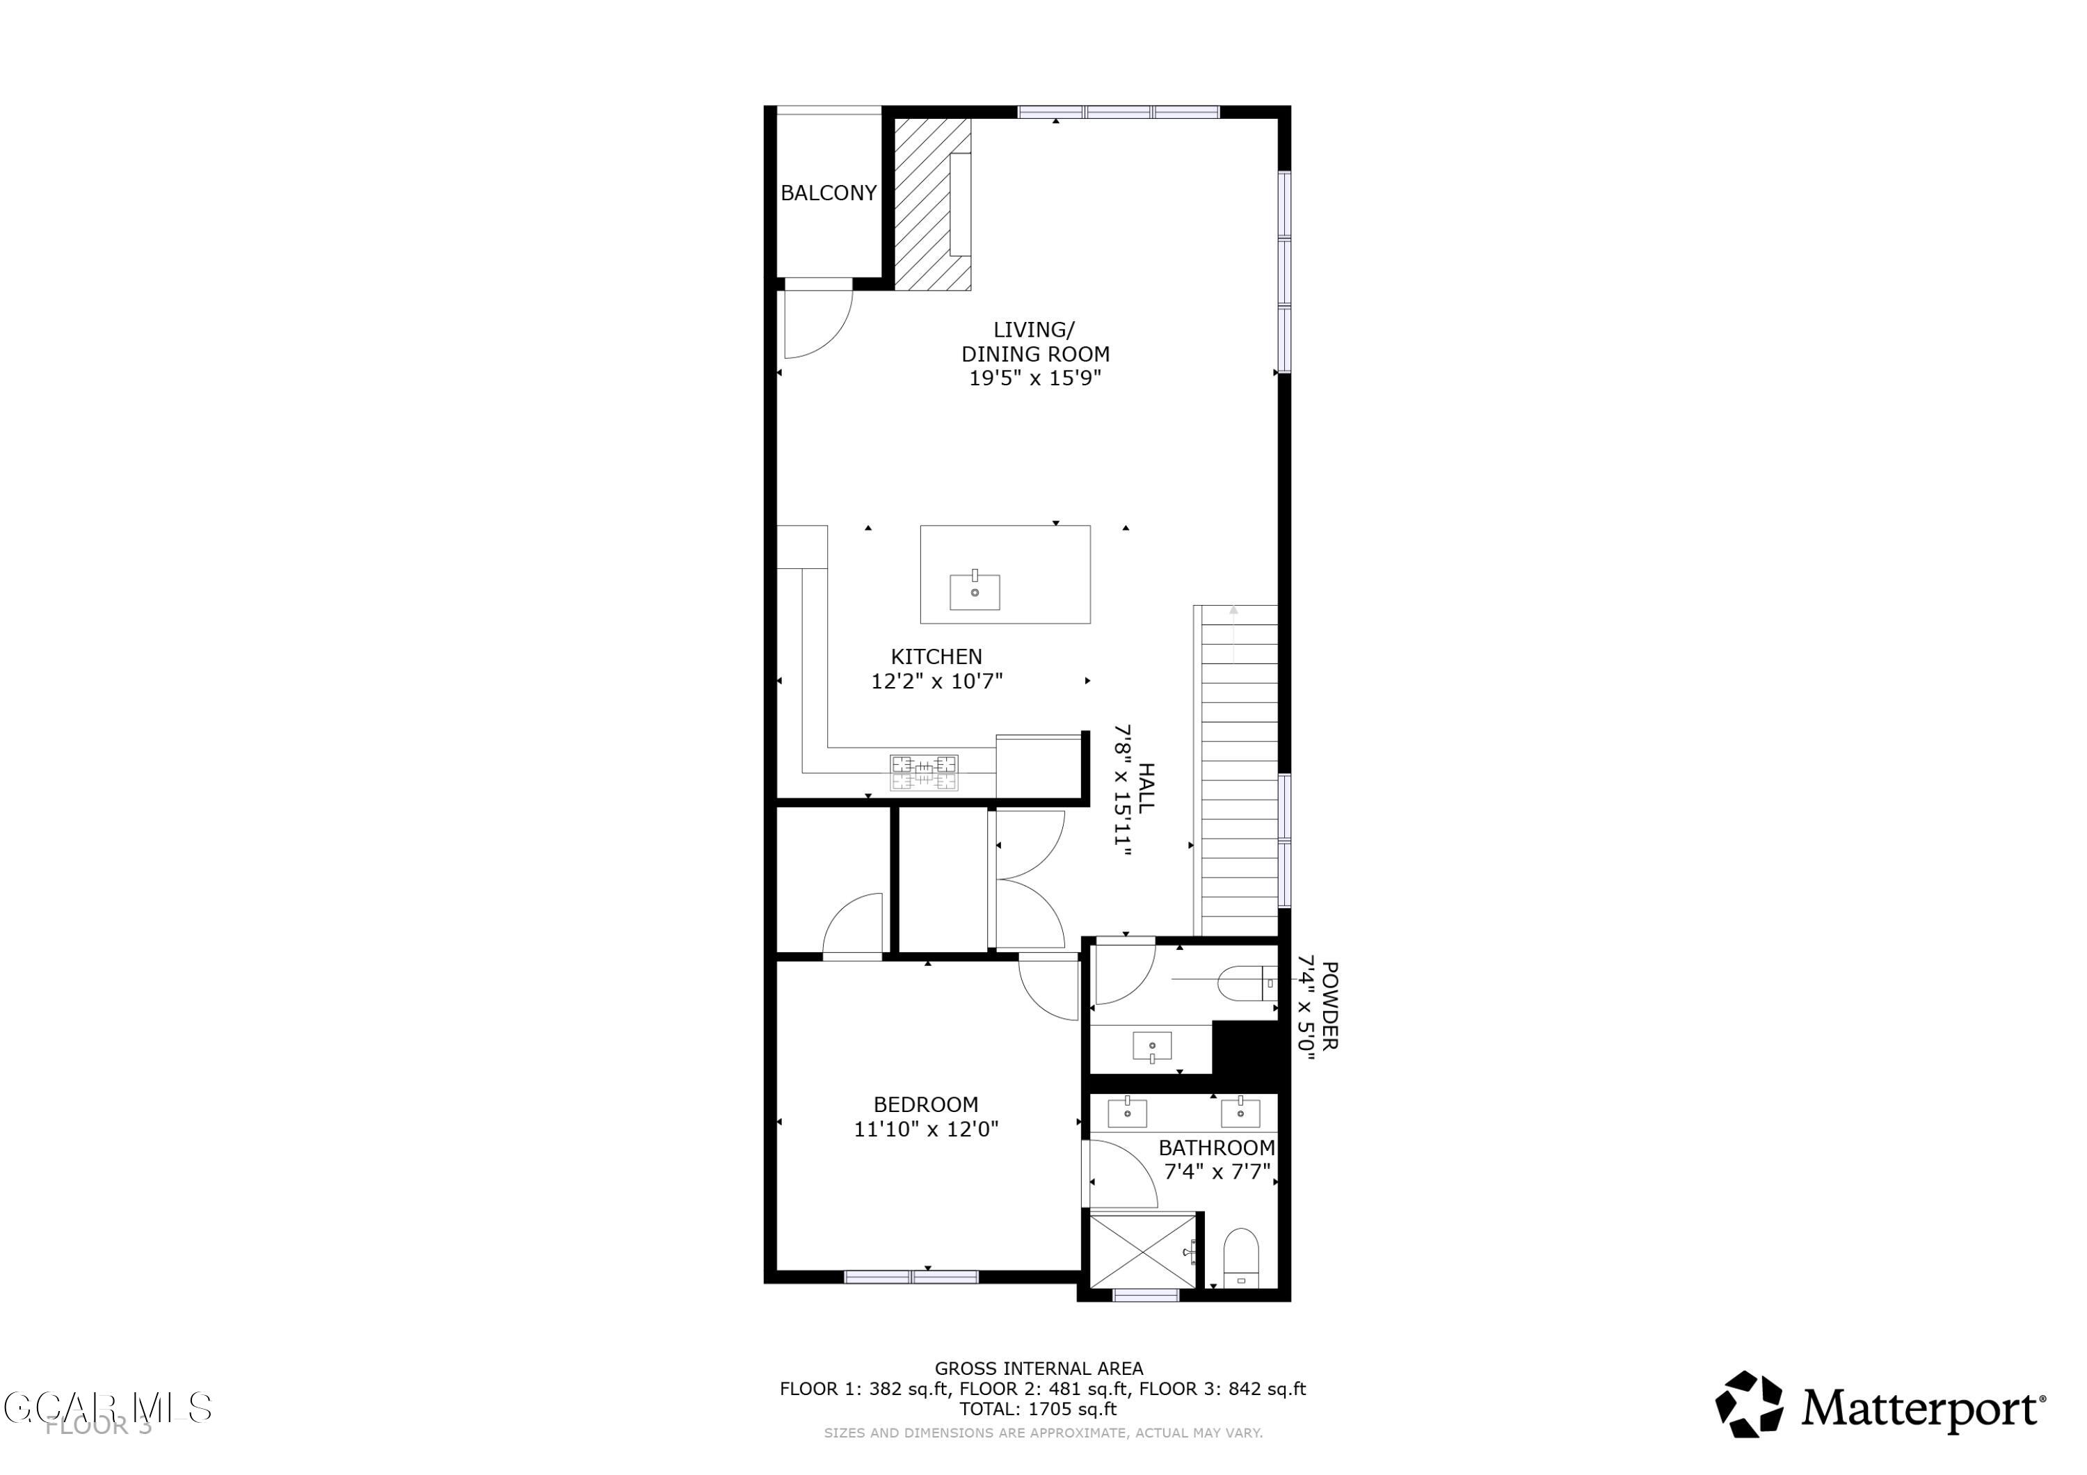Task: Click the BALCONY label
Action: pyautogui.click(x=828, y=193)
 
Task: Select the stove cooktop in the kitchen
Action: pyautogui.click(x=924, y=773)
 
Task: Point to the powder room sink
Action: pyautogui.click(x=1151, y=1046)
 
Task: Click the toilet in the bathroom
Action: pyautogui.click(x=1241, y=1258)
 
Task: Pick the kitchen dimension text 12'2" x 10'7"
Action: pyautogui.click(x=936, y=681)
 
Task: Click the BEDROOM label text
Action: pyautogui.click(x=925, y=1105)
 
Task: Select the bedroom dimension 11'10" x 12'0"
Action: pyautogui.click(x=925, y=1129)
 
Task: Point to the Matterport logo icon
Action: pyautogui.click(x=1749, y=1405)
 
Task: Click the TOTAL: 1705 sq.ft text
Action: pyautogui.click(x=1038, y=1410)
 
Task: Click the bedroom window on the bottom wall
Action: pyautogui.click(x=911, y=1277)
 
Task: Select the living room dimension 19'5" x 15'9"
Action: pyautogui.click(x=1034, y=379)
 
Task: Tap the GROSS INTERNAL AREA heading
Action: pyautogui.click(x=1039, y=1369)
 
